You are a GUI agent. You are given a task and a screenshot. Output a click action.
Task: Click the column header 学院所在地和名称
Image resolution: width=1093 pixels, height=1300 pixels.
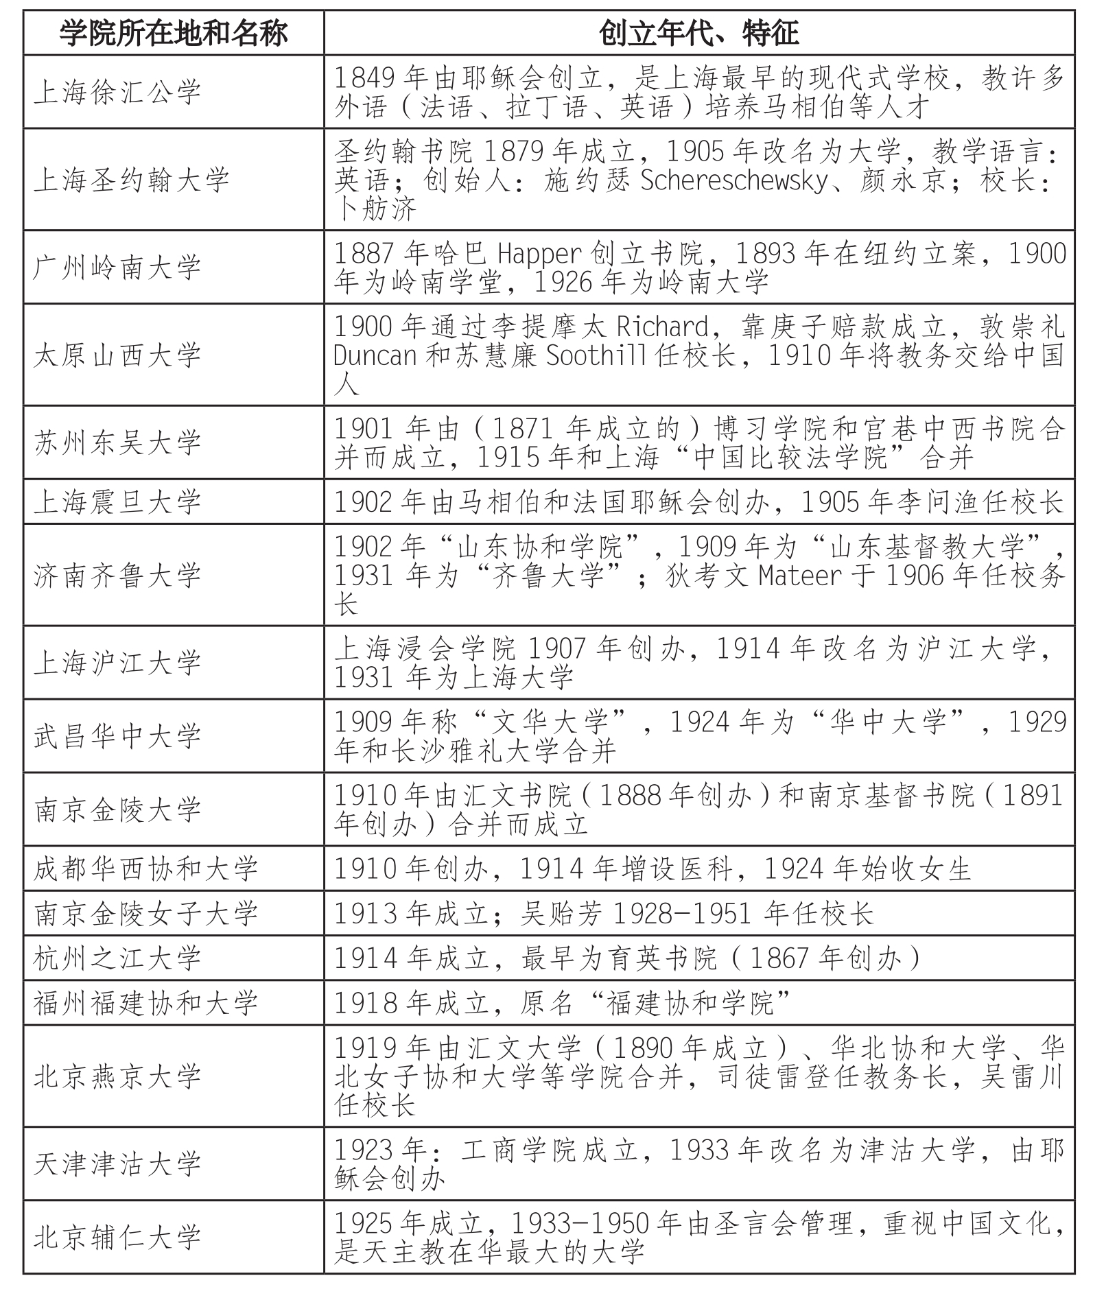pos(173,32)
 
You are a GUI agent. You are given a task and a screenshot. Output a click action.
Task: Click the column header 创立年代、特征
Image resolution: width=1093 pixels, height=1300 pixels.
pos(698,32)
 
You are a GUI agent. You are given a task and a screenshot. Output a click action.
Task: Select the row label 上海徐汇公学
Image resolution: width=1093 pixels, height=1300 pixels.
pos(117,92)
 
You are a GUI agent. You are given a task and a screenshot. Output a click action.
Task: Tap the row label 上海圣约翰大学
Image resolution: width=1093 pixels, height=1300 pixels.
pos(131,180)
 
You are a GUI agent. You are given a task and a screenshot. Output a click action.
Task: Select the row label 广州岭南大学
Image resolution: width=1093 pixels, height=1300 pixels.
pos(117,268)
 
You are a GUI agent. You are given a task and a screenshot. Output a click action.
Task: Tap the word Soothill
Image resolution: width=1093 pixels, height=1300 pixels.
pos(596,355)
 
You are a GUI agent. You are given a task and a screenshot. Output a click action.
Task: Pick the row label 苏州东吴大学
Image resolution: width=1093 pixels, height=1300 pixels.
pos(117,442)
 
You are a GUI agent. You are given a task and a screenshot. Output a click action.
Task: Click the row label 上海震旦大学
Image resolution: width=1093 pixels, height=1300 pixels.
pos(117,501)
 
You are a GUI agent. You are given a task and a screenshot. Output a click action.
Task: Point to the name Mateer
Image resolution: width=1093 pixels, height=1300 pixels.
pos(799,576)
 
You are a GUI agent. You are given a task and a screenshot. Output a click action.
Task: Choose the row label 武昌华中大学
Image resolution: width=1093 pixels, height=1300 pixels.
pos(117,736)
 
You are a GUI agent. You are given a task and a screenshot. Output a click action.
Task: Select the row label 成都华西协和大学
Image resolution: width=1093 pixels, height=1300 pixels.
pos(145,868)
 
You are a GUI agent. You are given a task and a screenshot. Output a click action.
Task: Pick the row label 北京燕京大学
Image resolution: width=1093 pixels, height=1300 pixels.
pos(117,1076)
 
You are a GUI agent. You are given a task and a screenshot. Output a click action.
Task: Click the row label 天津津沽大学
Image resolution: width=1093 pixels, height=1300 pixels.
pos(117,1163)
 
